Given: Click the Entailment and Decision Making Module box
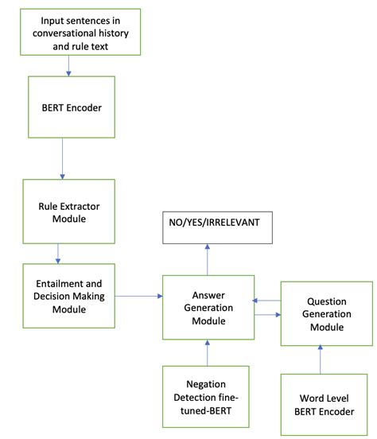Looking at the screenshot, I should [x=69, y=295].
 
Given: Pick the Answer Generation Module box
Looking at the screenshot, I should [x=208, y=306].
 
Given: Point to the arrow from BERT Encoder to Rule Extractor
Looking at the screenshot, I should [x=61, y=165].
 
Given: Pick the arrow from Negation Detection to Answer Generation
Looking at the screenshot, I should [x=207, y=352].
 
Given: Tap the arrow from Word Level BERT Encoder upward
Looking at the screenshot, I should [x=321, y=359].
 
